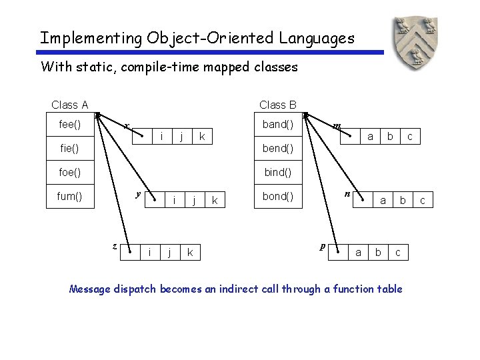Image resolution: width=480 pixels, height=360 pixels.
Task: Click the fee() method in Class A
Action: (70, 124)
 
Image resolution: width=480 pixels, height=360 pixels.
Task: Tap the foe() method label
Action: (69, 172)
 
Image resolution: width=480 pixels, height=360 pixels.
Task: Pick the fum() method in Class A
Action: (70, 197)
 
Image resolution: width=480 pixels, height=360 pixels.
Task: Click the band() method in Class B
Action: (278, 124)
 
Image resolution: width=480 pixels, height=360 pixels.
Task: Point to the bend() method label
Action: (278, 148)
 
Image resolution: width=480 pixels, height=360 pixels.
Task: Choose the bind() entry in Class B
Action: (278, 172)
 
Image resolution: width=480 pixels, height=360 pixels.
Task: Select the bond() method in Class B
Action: (278, 197)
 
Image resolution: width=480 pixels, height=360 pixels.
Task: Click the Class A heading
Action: (70, 105)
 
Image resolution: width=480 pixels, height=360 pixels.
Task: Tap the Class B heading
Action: (278, 105)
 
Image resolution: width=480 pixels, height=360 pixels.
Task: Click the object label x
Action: (127, 126)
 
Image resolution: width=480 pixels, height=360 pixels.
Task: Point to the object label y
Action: (137, 194)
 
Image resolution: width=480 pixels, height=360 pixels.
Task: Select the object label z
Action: (115, 245)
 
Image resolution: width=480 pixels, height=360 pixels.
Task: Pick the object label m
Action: (337, 126)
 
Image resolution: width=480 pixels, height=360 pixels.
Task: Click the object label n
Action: (347, 194)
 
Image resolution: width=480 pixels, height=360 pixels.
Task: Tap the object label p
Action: (323, 246)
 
